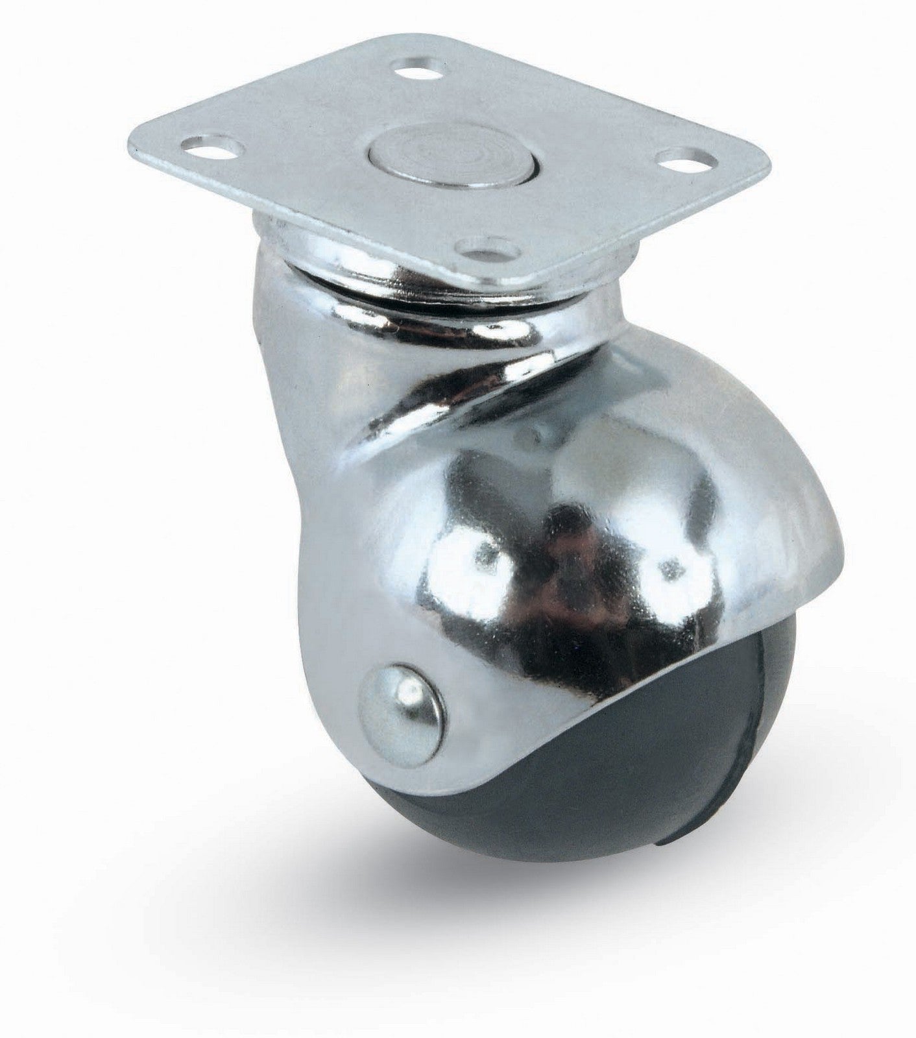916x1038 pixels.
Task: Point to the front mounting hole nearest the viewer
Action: pyautogui.click(x=481, y=245)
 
